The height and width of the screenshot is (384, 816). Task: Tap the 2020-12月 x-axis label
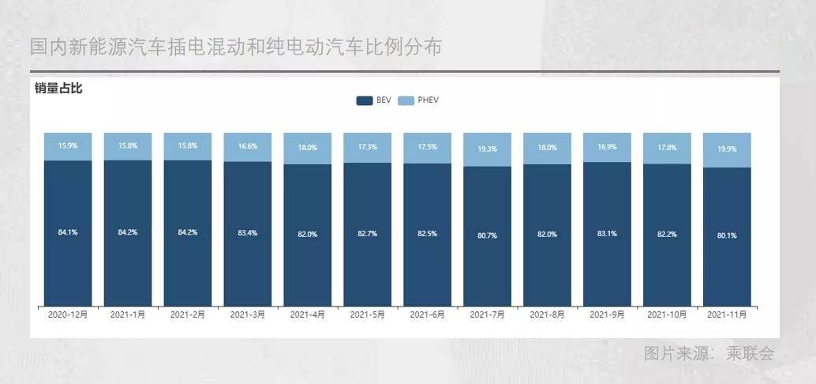pos(68,314)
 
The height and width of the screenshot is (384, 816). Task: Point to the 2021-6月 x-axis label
pos(427,314)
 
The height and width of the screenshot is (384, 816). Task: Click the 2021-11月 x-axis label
pos(727,314)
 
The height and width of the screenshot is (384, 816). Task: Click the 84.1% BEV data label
pos(68,232)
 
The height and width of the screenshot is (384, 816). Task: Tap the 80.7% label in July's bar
pos(487,235)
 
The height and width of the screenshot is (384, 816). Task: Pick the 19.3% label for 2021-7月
pos(487,148)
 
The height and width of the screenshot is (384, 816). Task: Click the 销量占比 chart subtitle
pos(58,88)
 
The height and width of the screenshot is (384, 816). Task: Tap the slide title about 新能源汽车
pos(235,47)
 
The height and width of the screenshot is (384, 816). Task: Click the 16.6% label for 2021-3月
pos(247,146)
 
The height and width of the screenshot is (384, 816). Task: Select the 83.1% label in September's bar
pos(607,233)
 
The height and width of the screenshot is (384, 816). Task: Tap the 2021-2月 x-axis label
pos(187,314)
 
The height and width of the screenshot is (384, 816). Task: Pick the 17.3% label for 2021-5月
pos(367,147)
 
